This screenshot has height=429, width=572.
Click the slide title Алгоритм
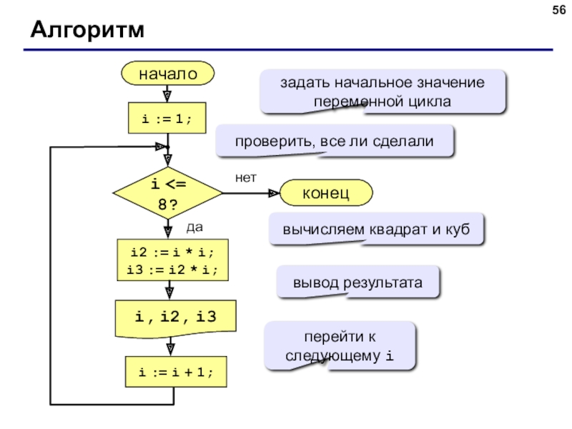pos(87,29)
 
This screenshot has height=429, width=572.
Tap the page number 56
pos(559,10)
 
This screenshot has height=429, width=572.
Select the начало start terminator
pos(168,74)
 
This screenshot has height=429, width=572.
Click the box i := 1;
pos(167,118)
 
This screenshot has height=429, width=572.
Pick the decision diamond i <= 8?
pos(168,193)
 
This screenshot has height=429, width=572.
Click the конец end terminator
pos(326,192)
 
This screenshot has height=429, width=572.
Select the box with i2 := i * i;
pos(172,260)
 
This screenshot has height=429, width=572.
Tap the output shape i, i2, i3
pos(175,318)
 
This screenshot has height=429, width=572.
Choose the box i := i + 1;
pos(176,372)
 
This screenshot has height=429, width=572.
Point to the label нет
pos(246,177)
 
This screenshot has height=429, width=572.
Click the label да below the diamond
pos(194,227)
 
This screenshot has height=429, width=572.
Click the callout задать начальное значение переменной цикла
pos(383,92)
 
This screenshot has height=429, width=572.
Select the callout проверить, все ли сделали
pos(335,141)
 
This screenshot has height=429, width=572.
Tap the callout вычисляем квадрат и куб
pos(376,230)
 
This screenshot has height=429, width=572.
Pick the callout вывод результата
pos(358,282)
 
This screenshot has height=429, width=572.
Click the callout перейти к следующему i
pos(340,346)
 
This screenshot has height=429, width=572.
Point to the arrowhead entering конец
pos(274,193)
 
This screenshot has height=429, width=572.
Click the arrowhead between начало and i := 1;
pos(167,97)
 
